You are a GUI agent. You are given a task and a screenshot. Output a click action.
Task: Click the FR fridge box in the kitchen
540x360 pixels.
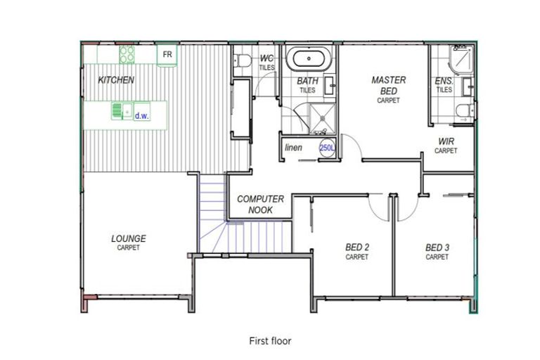pyautogui.click(x=167, y=55)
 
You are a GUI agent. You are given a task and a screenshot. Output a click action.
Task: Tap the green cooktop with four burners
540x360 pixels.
pyautogui.click(x=127, y=54)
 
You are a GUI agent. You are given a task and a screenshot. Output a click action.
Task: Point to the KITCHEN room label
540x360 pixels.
pyautogui.click(x=116, y=80)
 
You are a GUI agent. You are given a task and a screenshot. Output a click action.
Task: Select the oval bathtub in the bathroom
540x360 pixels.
pyautogui.click(x=310, y=58)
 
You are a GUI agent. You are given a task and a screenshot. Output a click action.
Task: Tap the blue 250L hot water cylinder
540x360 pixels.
pyautogui.click(x=326, y=148)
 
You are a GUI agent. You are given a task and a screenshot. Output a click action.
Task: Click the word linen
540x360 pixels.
pyautogui.click(x=293, y=148)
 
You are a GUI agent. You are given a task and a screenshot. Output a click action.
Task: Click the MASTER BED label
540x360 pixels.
pyautogui.click(x=388, y=85)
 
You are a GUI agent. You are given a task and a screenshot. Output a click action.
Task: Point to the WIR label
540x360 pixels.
pyautogui.click(x=446, y=141)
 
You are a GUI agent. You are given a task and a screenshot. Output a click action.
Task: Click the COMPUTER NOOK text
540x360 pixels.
pyautogui.click(x=260, y=204)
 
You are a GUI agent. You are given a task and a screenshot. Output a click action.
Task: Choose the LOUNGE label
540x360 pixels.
pyautogui.click(x=128, y=239)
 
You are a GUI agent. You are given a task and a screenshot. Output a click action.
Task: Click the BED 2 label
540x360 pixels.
pyautogui.click(x=356, y=247)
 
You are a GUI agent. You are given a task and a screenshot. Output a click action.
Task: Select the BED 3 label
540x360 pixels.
pyautogui.click(x=437, y=247)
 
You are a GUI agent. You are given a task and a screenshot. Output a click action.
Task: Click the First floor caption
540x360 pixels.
pyautogui.click(x=270, y=341)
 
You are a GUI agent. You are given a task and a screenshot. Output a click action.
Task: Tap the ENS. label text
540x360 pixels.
pyautogui.click(x=444, y=82)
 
